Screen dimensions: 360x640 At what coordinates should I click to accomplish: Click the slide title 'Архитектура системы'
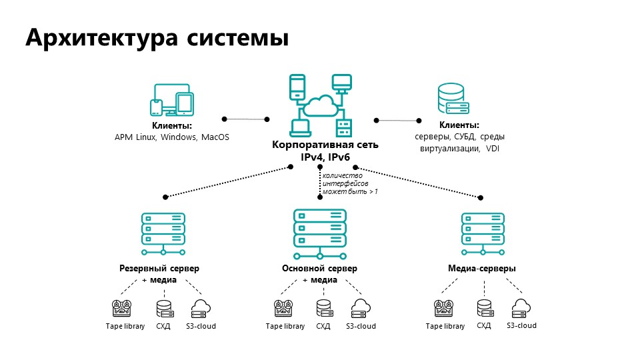(x=157, y=38)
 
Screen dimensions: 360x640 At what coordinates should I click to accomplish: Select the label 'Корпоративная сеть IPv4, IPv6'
(x=325, y=151)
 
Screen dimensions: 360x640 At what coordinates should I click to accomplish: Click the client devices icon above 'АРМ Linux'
(x=171, y=100)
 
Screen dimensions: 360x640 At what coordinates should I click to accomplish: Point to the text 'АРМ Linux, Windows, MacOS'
(x=171, y=137)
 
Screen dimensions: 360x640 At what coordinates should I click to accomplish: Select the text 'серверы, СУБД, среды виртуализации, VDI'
(x=459, y=143)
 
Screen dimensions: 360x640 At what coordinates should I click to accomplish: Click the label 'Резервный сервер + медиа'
(x=159, y=274)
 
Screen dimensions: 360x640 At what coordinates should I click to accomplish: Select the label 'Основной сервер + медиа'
(x=320, y=274)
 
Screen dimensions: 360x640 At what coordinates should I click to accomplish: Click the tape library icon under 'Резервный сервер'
(x=123, y=309)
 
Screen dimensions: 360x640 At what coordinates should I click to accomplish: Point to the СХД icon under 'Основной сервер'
(x=323, y=309)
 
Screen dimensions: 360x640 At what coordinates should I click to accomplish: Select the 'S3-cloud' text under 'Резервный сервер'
(x=201, y=327)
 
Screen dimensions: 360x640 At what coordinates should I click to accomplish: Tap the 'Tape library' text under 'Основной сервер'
(x=285, y=327)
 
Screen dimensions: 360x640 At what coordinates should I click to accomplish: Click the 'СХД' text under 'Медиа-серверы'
(x=484, y=326)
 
